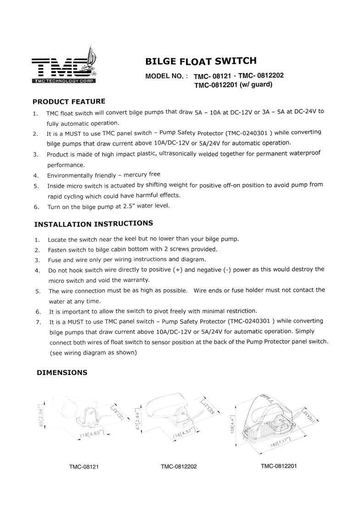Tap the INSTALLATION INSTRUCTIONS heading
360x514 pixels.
[x=94, y=224]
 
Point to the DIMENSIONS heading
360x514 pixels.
[x=62, y=373]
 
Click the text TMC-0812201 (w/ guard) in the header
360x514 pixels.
[x=233, y=84]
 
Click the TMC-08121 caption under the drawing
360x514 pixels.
[x=84, y=467]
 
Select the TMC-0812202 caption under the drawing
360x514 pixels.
[x=179, y=467]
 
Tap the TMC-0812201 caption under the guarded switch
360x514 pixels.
[x=279, y=466]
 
